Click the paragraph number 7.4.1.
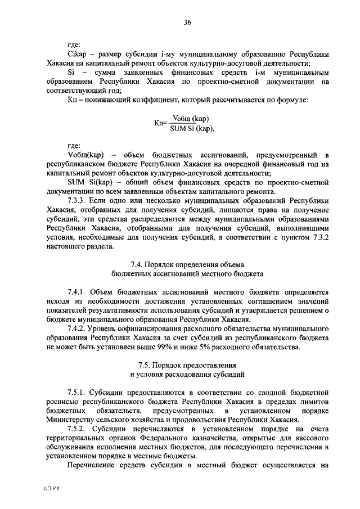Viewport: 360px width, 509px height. click(78, 293)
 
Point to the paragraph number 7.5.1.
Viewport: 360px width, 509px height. click(78, 391)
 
